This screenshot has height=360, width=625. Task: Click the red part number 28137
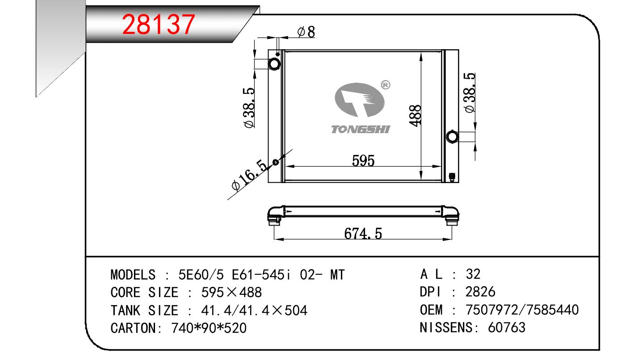pyautogui.click(x=159, y=25)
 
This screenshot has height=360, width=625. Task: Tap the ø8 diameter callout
pyautogui.click(x=306, y=32)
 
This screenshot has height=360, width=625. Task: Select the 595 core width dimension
pyautogui.click(x=363, y=161)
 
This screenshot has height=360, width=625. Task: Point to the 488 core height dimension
pyautogui.click(x=415, y=115)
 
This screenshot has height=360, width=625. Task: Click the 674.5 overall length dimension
pyautogui.click(x=363, y=234)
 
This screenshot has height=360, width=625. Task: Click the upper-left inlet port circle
pyautogui.click(x=274, y=64)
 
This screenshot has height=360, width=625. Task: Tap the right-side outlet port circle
pyautogui.click(x=452, y=137)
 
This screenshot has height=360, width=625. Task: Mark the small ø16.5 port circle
pyautogui.click(x=275, y=162)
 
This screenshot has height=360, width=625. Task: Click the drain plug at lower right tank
pyautogui.click(x=452, y=177)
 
